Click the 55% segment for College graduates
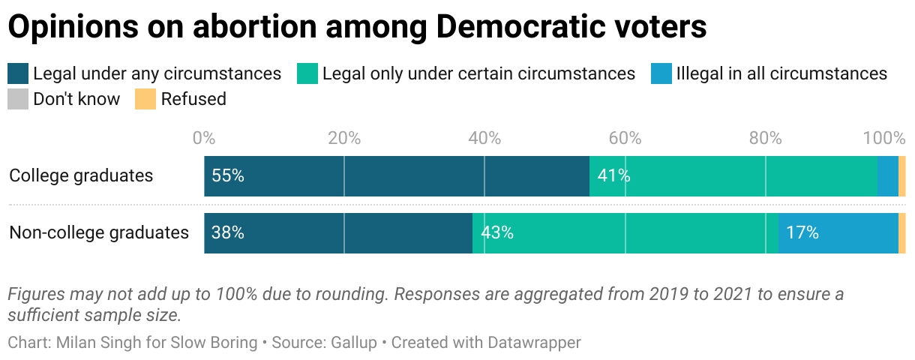click(x=396, y=176)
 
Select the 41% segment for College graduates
click(x=733, y=176)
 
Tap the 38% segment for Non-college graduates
click(x=337, y=233)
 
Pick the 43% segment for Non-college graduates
click(x=625, y=233)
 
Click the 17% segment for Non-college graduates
click(x=838, y=233)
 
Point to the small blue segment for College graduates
click(x=887, y=176)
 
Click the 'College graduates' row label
click(x=81, y=176)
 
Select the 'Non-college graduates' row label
click(x=99, y=233)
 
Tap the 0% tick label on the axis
click(x=204, y=138)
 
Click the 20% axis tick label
click(x=344, y=138)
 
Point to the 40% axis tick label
click(x=484, y=138)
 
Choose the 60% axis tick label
click(x=625, y=138)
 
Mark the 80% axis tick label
click(x=765, y=138)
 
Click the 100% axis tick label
click(x=885, y=138)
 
